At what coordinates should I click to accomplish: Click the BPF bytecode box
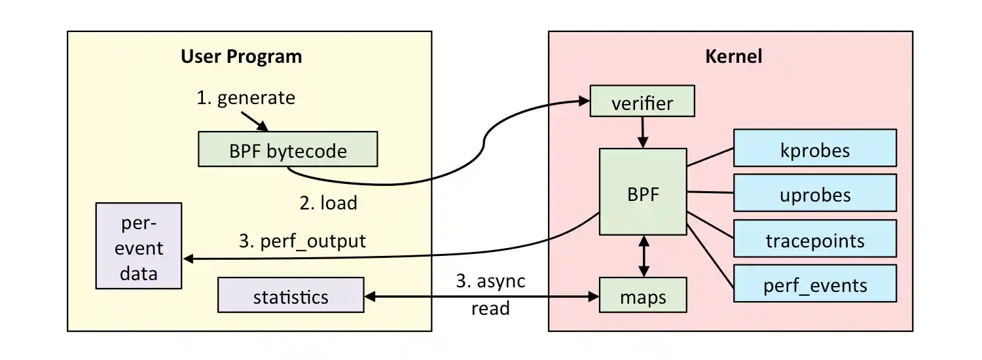click(288, 149)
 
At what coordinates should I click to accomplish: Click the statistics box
click(291, 296)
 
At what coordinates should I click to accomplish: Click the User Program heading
click(241, 56)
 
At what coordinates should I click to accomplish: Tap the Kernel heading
click(733, 56)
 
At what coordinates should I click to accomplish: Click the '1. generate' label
click(246, 98)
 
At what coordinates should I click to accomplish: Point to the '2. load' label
click(328, 203)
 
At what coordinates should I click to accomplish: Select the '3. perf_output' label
click(302, 241)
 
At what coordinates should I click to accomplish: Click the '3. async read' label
click(490, 294)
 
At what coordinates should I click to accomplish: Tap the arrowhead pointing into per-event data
click(189, 259)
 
